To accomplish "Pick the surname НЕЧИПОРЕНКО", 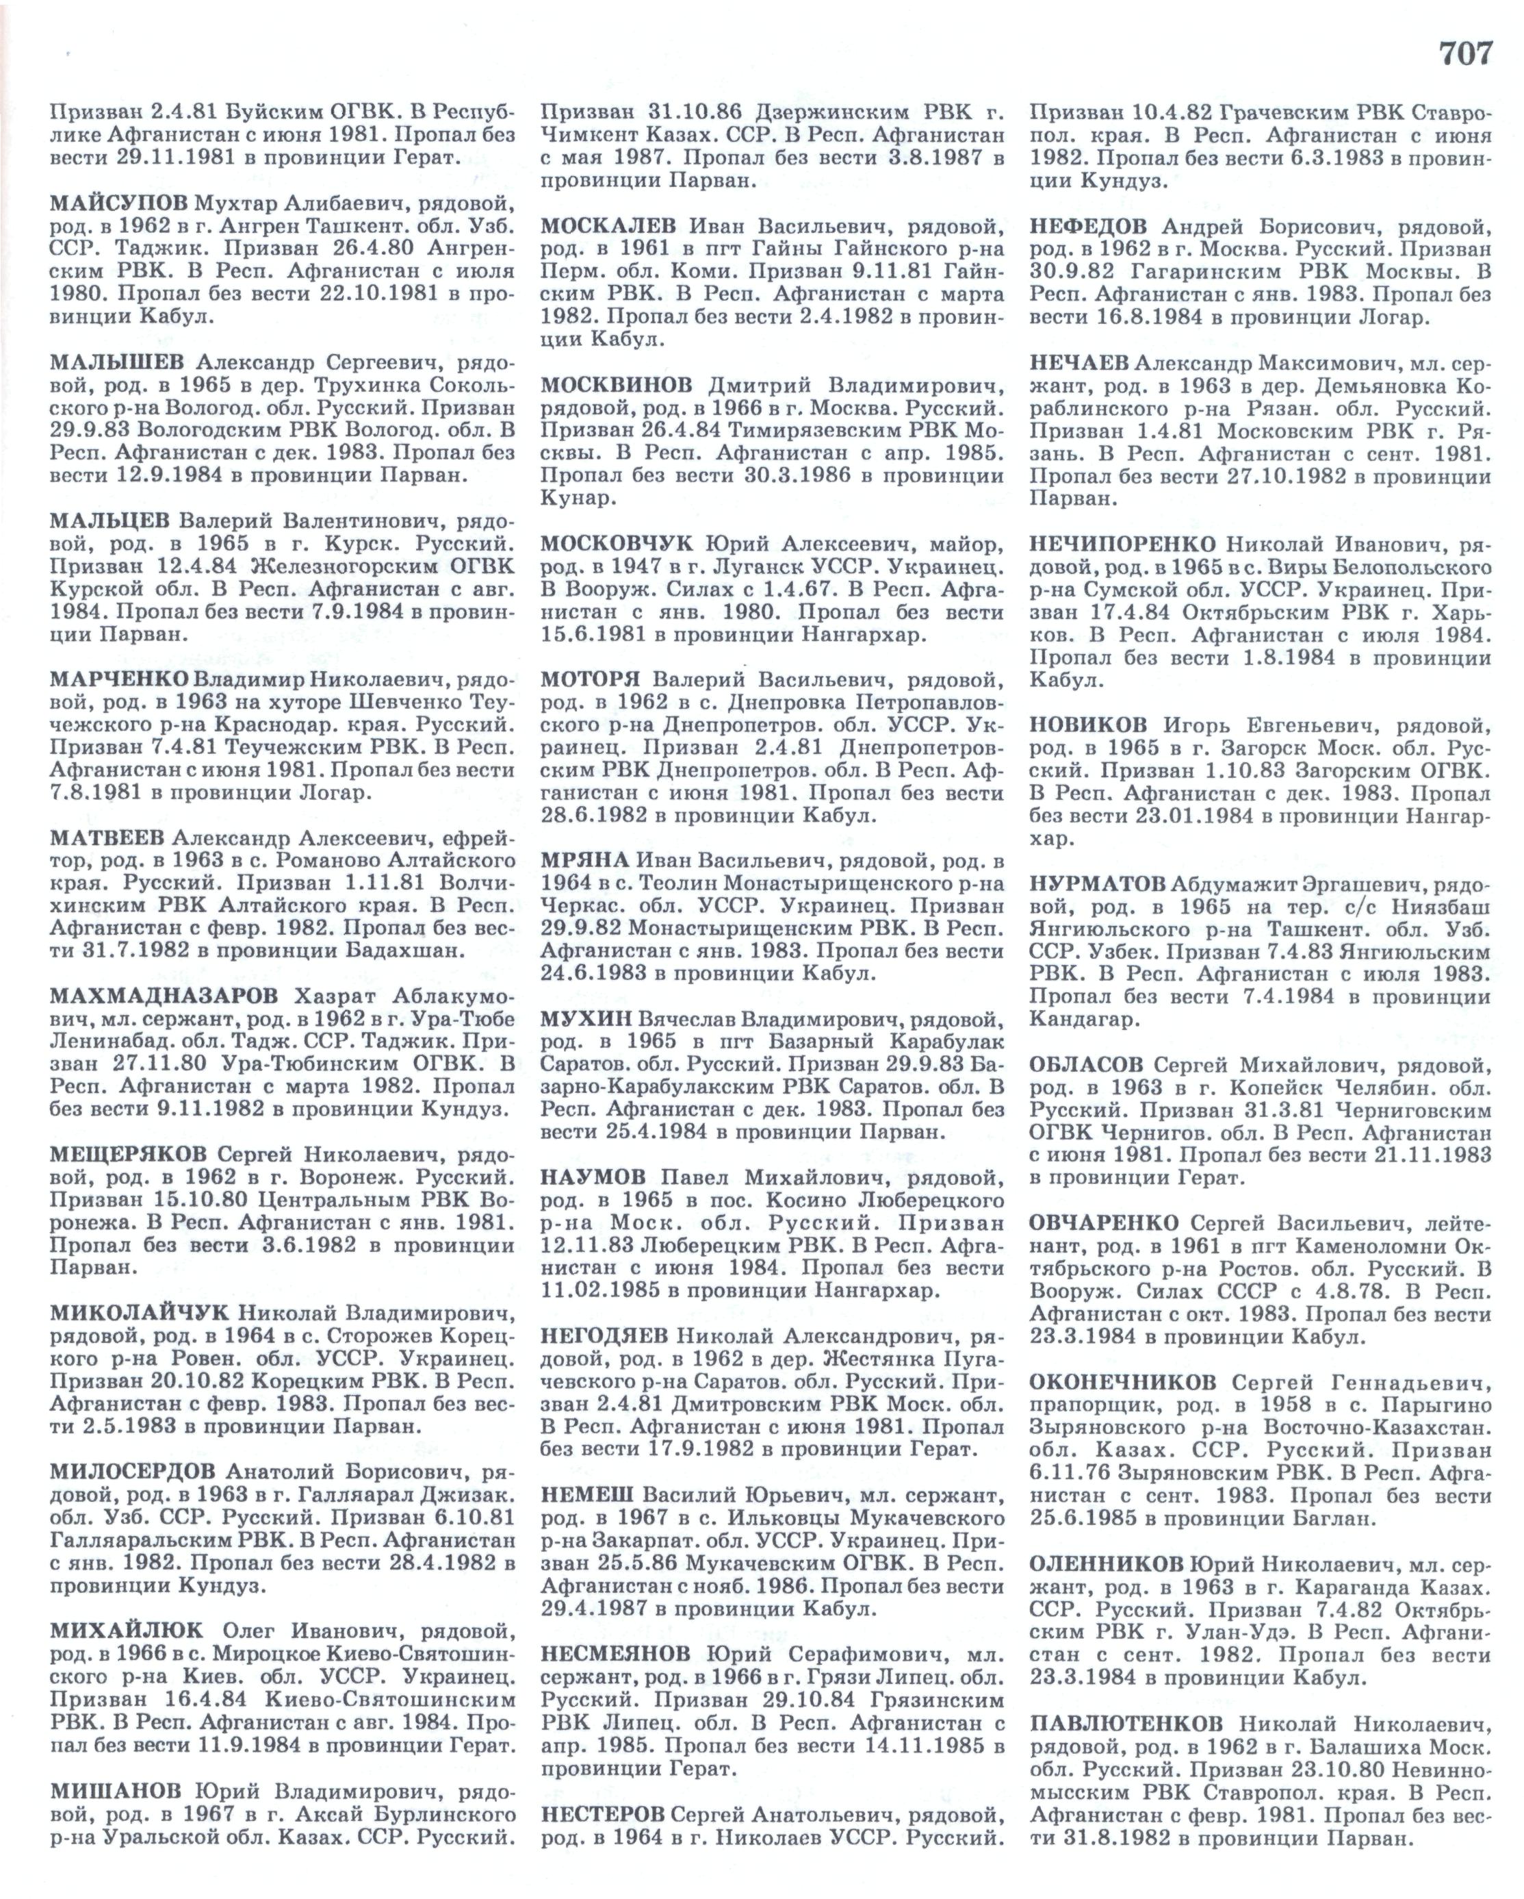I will [1122, 544].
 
